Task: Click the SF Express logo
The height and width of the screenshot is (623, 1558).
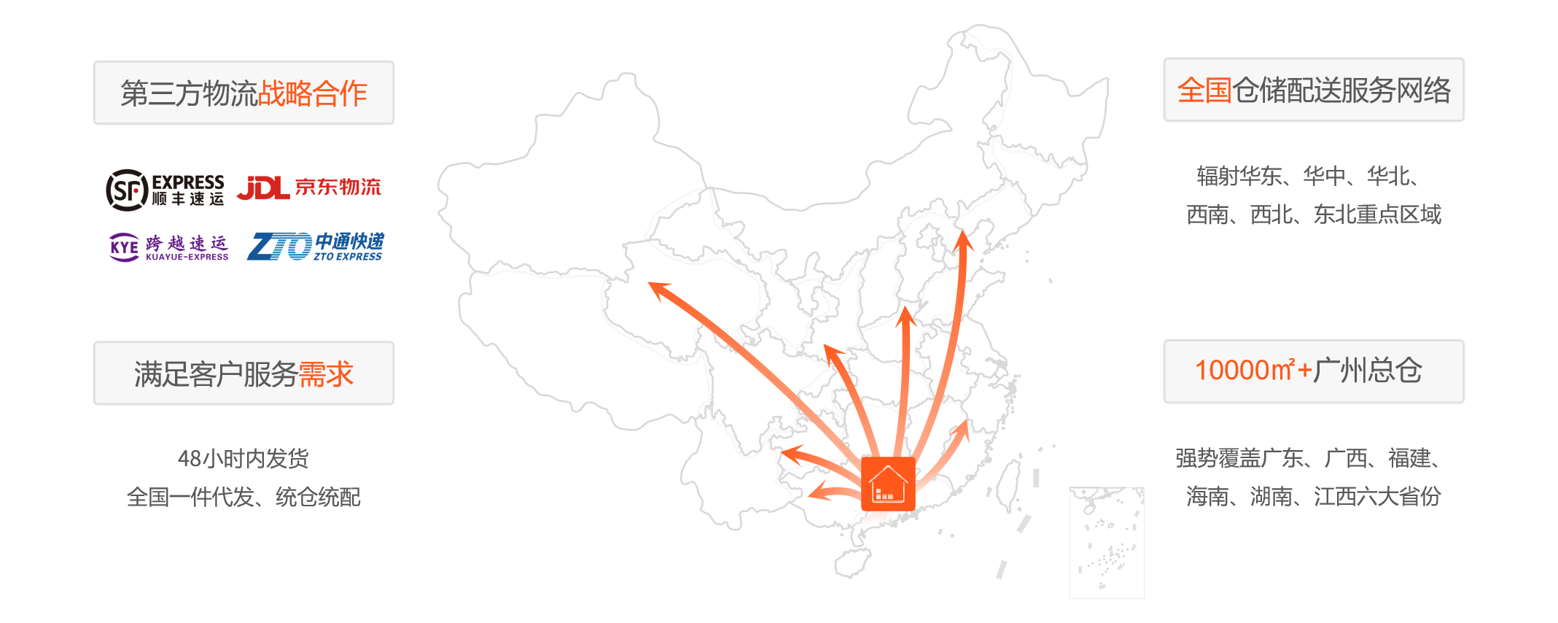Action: pos(165,190)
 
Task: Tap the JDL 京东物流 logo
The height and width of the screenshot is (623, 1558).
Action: pos(309,187)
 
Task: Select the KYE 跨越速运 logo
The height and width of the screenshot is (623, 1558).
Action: pos(168,247)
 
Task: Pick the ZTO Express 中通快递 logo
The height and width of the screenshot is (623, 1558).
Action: pos(316,247)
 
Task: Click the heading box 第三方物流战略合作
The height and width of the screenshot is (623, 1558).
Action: pos(244,93)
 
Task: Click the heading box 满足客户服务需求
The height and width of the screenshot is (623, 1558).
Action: pos(244,373)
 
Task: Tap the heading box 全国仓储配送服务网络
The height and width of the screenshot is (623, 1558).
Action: pos(1314,90)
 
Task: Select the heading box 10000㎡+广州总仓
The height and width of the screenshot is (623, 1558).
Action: pos(1314,371)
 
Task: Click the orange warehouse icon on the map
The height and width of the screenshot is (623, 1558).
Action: pos(888,484)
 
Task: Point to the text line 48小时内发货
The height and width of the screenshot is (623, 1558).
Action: pos(244,458)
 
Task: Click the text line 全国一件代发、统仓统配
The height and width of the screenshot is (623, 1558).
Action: pos(244,497)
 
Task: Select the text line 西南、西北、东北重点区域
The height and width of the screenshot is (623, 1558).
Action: pos(1314,214)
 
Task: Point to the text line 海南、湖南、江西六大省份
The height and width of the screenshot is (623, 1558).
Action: pos(1314,497)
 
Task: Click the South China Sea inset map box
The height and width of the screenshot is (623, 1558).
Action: pos(1107,542)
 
